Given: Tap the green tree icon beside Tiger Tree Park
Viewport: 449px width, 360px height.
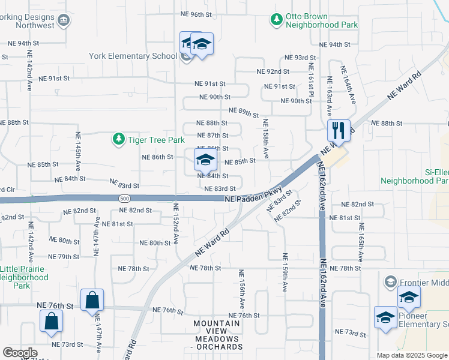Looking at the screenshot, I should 118,140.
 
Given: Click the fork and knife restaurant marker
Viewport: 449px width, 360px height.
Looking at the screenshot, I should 339,130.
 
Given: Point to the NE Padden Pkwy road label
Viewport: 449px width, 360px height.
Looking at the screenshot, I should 253,199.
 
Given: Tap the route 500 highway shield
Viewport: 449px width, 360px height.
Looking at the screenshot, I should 124,198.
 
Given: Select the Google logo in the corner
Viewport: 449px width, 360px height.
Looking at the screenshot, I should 20,353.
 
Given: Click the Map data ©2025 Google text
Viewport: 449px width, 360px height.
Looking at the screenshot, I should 412,355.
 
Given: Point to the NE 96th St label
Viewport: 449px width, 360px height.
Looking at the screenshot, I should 197,14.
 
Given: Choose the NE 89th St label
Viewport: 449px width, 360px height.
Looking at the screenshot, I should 244,111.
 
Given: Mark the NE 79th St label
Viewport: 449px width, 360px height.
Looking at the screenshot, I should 64,256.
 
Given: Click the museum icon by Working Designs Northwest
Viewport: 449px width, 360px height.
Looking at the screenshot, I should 63,22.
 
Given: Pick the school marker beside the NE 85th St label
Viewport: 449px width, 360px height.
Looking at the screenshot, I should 205,160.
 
